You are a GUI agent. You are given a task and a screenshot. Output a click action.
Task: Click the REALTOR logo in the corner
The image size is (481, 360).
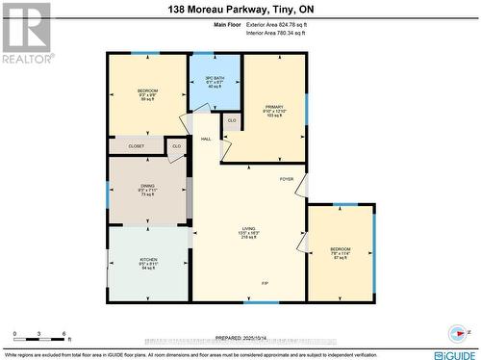point(26,32)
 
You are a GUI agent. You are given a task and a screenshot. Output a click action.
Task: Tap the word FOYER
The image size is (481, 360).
point(287,179)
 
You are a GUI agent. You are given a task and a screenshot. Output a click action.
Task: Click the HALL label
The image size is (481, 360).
point(206,140)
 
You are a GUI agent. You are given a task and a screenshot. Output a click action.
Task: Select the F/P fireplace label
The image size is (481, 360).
point(266,283)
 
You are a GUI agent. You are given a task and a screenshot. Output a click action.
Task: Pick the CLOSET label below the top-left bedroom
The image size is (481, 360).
point(136,146)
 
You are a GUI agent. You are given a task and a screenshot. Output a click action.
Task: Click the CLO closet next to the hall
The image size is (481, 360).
point(176,146)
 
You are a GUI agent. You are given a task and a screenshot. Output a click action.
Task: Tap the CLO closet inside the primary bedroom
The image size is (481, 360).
point(232,120)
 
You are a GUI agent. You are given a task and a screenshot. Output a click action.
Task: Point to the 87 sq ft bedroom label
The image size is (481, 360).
point(338,252)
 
